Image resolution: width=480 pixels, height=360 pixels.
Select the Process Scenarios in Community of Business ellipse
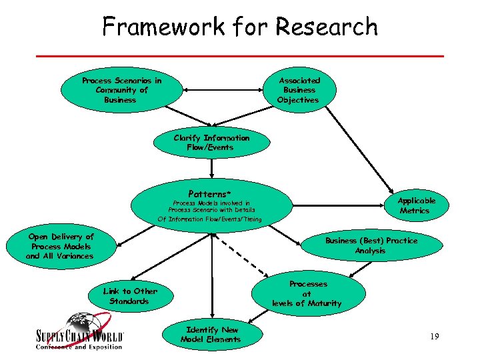coord(121,91)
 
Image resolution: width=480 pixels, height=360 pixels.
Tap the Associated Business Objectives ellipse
coord(299,90)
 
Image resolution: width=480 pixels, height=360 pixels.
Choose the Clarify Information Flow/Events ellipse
coord(211,143)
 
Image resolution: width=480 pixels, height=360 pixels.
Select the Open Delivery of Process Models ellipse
coord(61,247)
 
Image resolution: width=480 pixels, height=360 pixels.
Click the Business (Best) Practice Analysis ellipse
coord(371,245)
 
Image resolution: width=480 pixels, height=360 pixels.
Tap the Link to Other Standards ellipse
coord(130,296)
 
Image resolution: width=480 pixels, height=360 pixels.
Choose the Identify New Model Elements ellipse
coord(213,335)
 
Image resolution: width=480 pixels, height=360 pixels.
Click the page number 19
coord(435,337)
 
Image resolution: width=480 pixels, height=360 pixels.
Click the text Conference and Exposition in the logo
coord(79,347)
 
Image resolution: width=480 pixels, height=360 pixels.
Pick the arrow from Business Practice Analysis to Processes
coord(360,268)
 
